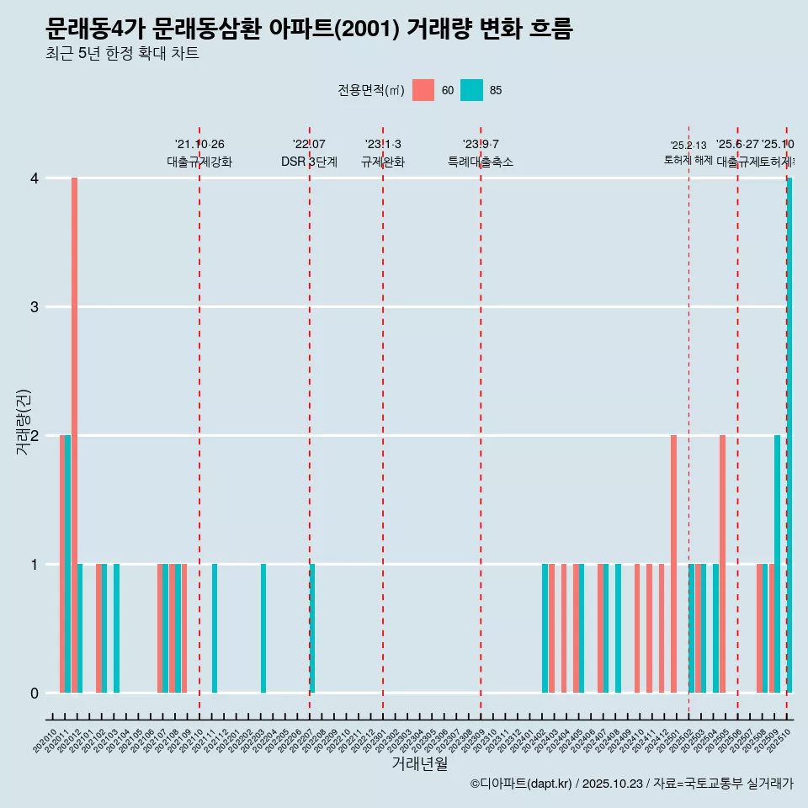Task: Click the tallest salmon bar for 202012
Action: (x=74, y=435)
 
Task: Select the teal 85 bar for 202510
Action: (x=789, y=435)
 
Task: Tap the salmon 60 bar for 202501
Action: (x=673, y=564)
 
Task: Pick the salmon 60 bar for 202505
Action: (x=722, y=564)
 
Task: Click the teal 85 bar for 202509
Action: (x=778, y=564)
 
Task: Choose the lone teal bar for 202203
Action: (x=263, y=629)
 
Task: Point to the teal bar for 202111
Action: (x=215, y=629)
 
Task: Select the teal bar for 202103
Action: (x=117, y=629)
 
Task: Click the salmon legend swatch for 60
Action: (x=423, y=90)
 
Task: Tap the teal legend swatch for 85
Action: (x=472, y=90)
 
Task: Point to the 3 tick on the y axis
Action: (x=35, y=306)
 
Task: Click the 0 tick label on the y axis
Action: (x=35, y=693)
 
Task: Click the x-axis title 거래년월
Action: (x=419, y=763)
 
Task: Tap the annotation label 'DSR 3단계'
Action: (x=309, y=162)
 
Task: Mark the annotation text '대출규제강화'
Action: (x=199, y=162)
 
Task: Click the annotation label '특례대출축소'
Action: (x=481, y=162)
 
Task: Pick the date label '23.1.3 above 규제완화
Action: (x=383, y=144)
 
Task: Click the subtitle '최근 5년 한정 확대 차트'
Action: (x=122, y=54)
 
